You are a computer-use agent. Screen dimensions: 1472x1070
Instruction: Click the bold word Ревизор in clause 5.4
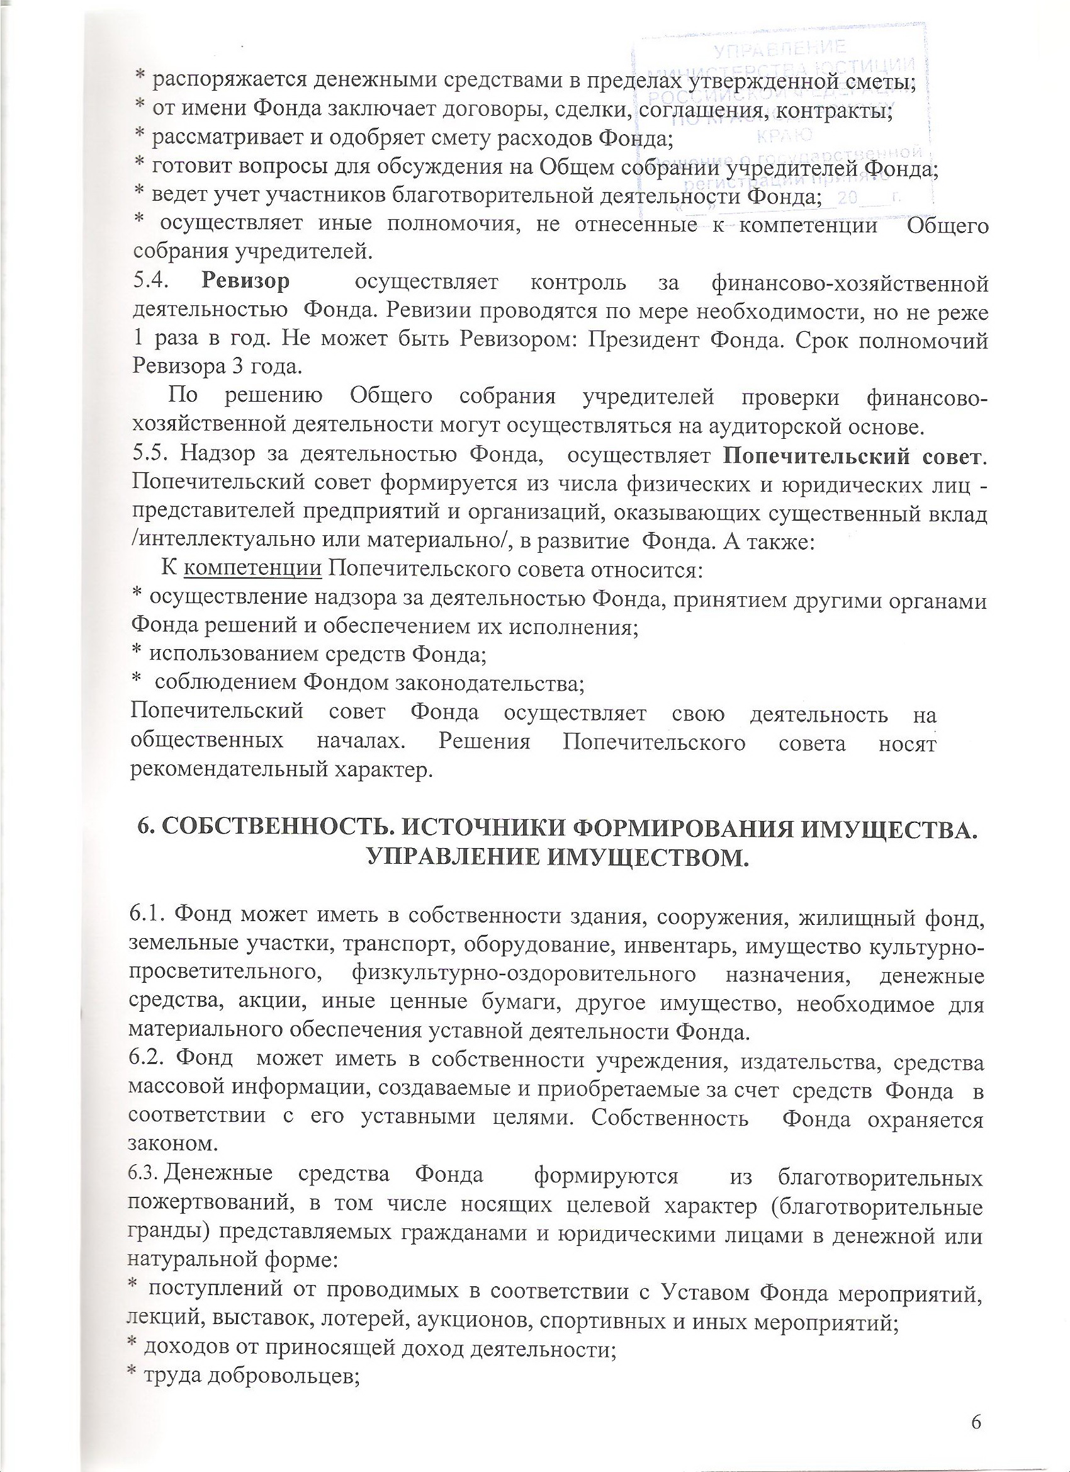point(245,283)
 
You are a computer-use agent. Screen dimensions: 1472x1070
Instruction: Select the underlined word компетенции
point(253,570)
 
